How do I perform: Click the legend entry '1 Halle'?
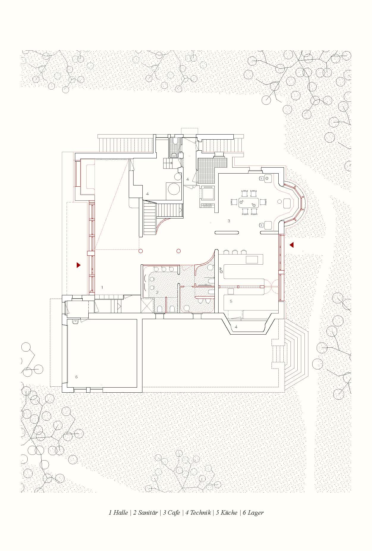pyautogui.click(x=118, y=512)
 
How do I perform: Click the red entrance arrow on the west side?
pyautogui.click(x=79, y=265)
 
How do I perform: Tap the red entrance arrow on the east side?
pyautogui.click(x=292, y=245)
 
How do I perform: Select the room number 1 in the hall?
pyautogui.click(x=102, y=287)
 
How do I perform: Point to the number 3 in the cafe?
pyautogui.click(x=229, y=221)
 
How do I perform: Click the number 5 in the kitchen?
pyautogui.click(x=231, y=301)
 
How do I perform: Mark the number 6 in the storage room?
pyautogui.click(x=76, y=377)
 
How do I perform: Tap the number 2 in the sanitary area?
pyautogui.click(x=157, y=292)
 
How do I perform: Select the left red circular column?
pyautogui.click(x=141, y=251)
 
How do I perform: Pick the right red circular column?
pyautogui.click(x=178, y=251)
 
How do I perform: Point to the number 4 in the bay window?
pyautogui.click(x=236, y=327)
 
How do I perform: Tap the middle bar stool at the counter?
pyautogui.click(x=235, y=252)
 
